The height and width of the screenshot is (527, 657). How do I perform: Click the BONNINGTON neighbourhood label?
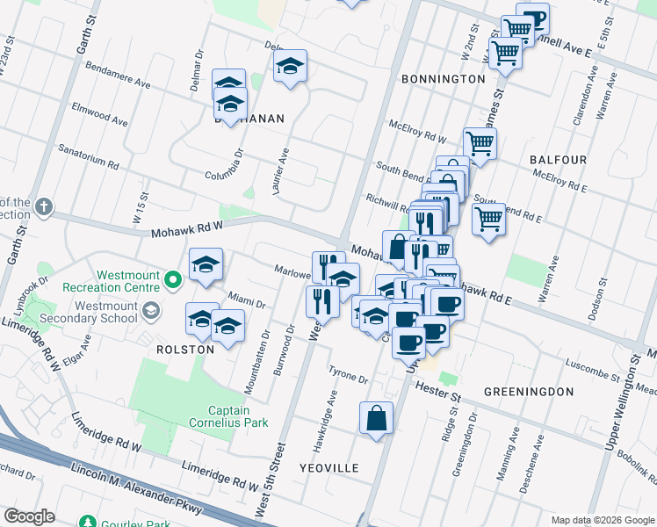443,79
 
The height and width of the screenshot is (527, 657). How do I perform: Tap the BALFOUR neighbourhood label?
558,160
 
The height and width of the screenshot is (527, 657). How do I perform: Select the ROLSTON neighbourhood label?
185,349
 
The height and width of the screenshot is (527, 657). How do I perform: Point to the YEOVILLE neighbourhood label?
329,468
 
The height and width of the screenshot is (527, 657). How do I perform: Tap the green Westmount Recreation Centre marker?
173,281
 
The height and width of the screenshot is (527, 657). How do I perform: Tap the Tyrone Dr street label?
348,375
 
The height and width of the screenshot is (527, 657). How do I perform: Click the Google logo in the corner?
30,516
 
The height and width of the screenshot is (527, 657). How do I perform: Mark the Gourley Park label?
123,521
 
